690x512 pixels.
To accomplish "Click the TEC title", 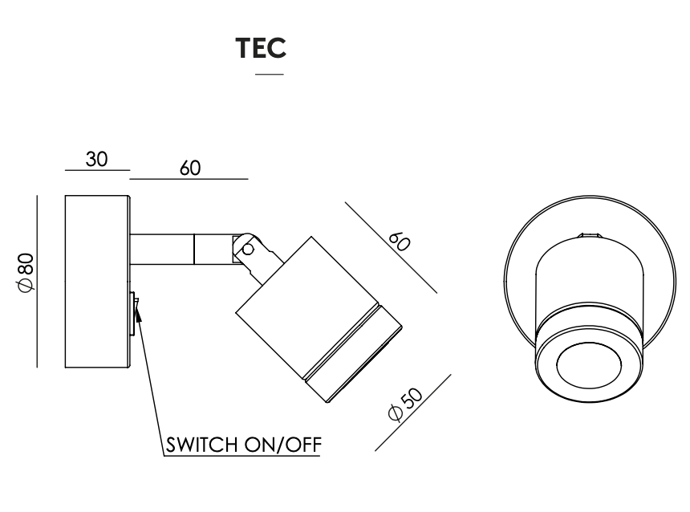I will (x=262, y=49).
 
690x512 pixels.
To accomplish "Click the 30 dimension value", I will (x=97, y=159).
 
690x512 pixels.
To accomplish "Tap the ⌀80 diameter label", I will (x=26, y=272).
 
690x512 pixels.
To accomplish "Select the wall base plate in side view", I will (x=96, y=281).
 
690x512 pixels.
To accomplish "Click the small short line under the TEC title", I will (x=269, y=75).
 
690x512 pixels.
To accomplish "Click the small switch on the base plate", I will (x=132, y=313).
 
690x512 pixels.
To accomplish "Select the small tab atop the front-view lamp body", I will (x=590, y=236).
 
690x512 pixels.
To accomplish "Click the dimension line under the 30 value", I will (x=97, y=170).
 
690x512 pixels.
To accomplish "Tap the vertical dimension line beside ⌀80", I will (x=38, y=281).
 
